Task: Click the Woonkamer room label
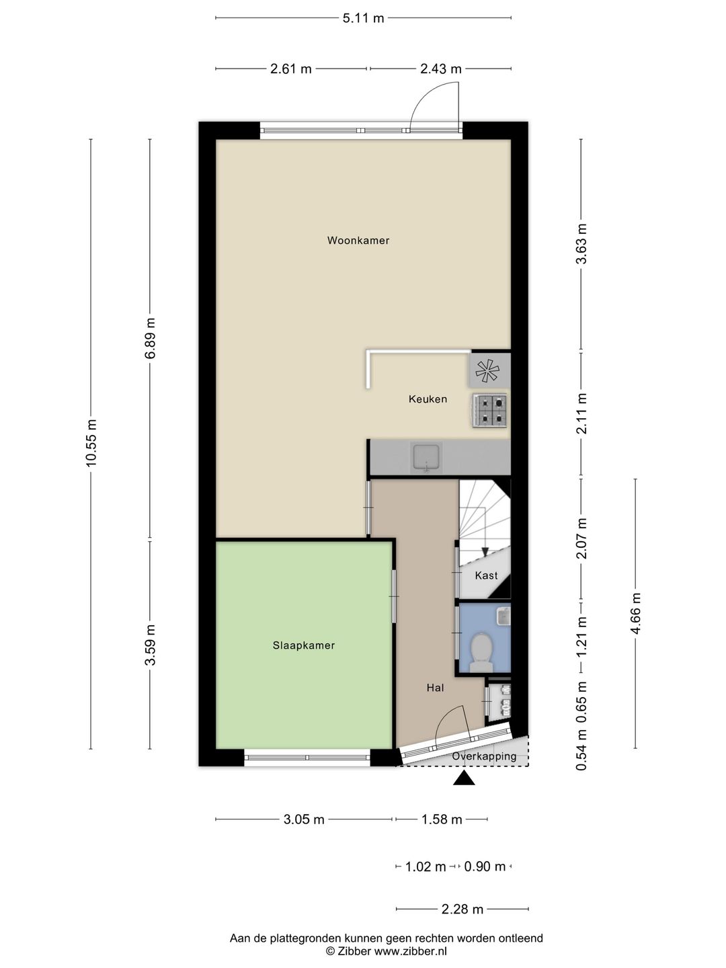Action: click(358, 241)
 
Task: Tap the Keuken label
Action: click(428, 399)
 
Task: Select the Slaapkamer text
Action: click(304, 645)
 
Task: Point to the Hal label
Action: click(435, 688)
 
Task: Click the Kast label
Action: click(486, 575)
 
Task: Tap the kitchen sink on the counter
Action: click(426, 457)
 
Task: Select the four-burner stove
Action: click(490, 409)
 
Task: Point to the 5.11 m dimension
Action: click(363, 18)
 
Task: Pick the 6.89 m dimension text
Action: click(151, 338)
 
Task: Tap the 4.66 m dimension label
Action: click(636, 613)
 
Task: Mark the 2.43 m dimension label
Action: click(441, 69)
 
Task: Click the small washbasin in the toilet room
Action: click(503, 616)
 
